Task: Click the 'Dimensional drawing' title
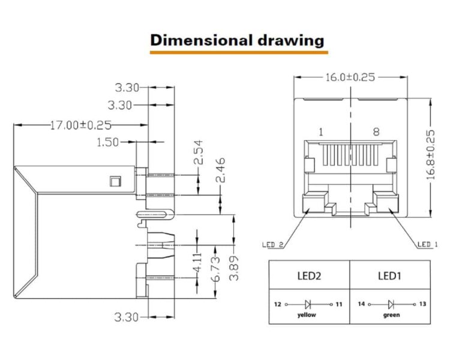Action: [238, 40]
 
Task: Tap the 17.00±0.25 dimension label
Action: [80, 125]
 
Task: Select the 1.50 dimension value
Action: [107, 142]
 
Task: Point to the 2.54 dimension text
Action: [199, 152]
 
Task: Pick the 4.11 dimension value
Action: [198, 262]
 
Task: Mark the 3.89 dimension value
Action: [234, 268]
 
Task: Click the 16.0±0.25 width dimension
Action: [350, 77]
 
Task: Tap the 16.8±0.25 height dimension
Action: [430, 155]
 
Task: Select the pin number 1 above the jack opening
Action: [321, 132]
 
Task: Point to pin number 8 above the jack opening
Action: [376, 132]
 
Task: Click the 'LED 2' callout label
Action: [273, 245]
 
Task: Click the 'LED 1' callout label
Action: [428, 244]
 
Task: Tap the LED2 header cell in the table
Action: [309, 276]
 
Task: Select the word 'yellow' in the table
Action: [307, 315]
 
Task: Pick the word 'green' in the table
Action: [391, 315]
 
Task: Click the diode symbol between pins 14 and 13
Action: [391, 304]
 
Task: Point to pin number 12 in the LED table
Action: [278, 304]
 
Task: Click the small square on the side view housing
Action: [115, 181]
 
